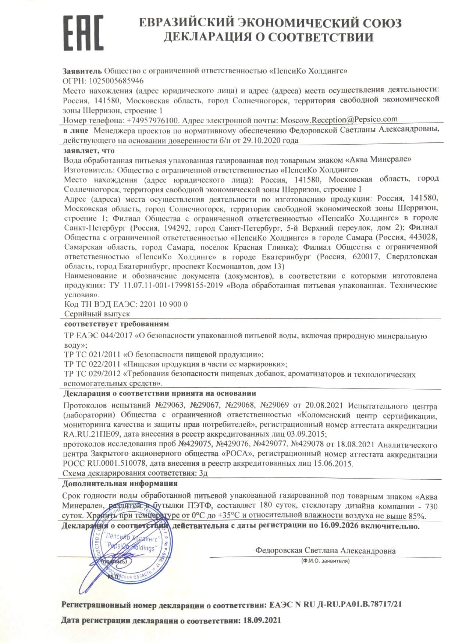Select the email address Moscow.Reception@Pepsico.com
(x=339, y=120)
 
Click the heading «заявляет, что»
(x=89, y=150)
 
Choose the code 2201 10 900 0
(x=162, y=304)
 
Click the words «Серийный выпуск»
(x=97, y=314)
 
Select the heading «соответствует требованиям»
(x=116, y=324)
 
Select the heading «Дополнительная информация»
(x=120, y=483)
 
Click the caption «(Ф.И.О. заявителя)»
(x=325, y=561)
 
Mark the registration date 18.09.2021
(x=262, y=621)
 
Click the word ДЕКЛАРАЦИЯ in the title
(x=208, y=37)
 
